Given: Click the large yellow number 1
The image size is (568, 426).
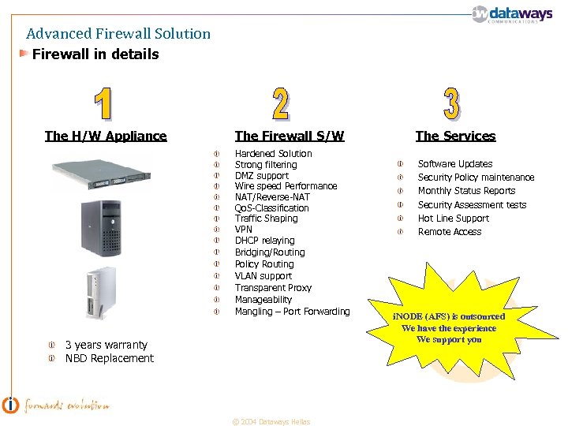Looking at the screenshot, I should click(x=103, y=103).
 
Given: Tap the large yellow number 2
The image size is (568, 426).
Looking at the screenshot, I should click(x=279, y=103).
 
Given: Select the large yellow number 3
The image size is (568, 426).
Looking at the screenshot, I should click(x=450, y=103).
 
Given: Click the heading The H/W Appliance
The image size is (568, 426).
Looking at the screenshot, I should click(x=106, y=136).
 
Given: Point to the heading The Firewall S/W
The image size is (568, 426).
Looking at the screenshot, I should click(x=290, y=136).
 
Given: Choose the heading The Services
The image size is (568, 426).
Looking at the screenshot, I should click(x=455, y=136).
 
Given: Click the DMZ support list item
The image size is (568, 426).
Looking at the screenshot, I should click(x=262, y=175).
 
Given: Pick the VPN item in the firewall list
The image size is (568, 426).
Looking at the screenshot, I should click(x=243, y=230).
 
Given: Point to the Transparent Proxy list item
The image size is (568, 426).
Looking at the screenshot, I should click(x=273, y=288).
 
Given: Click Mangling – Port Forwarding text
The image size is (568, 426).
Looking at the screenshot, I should click(x=292, y=312).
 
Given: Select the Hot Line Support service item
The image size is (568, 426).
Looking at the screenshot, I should click(x=453, y=219).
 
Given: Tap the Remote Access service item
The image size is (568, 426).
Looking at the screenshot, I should click(x=449, y=232).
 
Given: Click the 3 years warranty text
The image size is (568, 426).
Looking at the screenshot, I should click(x=106, y=345).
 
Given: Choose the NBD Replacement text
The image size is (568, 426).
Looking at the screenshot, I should click(x=109, y=358).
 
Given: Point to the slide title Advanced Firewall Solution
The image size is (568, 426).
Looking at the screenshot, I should click(x=118, y=34).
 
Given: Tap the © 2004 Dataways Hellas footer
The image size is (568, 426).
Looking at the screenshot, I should click(x=271, y=421).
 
